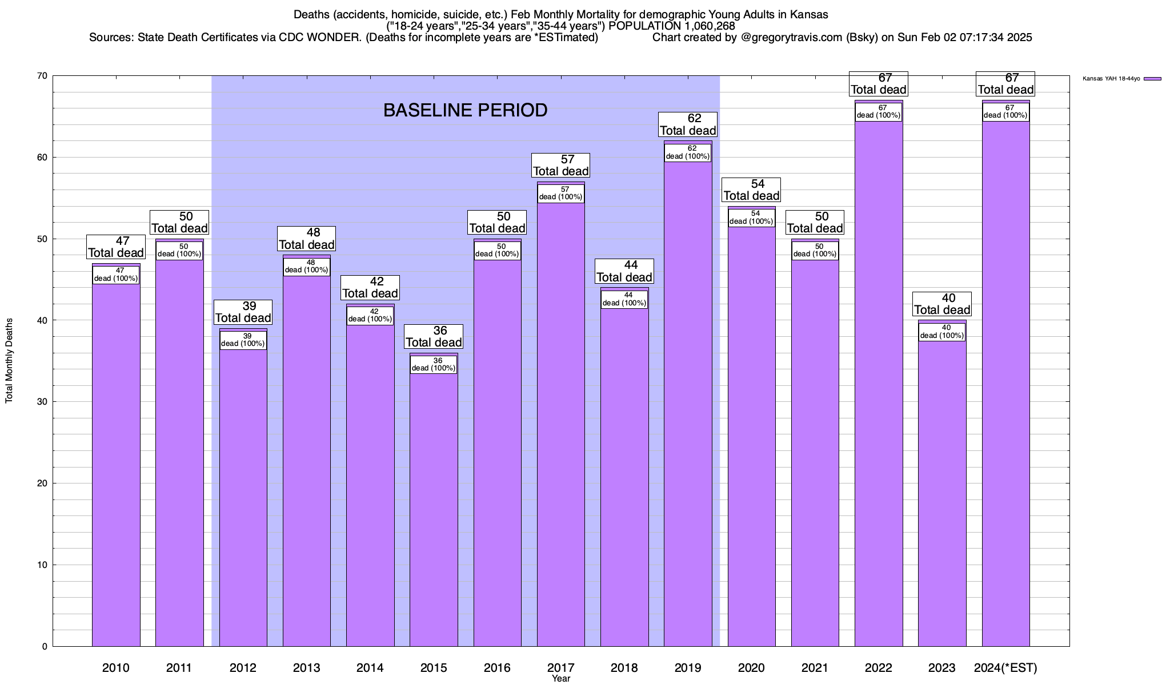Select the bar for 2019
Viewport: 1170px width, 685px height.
pyautogui.click(x=688, y=400)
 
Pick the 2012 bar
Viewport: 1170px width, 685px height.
pyautogui.click(x=243, y=497)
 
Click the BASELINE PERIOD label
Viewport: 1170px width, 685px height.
pyautogui.click(x=465, y=110)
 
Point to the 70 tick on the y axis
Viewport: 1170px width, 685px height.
pyautogui.click(x=43, y=76)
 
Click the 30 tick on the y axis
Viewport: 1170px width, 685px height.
pyautogui.click(x=43, y=402)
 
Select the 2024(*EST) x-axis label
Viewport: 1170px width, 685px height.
pyautogui.click(x=1005, y=667)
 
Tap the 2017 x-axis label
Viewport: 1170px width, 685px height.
pyautogui.click(x=560, y=667)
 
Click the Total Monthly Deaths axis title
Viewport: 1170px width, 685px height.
pyautogui.click(x=9, y=360)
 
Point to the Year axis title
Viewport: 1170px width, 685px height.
pyautogui.click(x=560, y=679)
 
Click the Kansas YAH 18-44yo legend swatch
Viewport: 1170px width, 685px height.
pyautogui.click(x=1152, y=79)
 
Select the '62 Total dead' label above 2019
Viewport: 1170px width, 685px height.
pyautogui.click(x=688, y=124)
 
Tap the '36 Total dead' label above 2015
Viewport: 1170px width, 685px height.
pyautogui.click(x=434, y=337)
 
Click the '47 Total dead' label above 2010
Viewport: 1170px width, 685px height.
pyautogui.click(x=115, y=247)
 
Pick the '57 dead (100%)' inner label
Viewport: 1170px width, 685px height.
pyautogui.click(x=561, y=194)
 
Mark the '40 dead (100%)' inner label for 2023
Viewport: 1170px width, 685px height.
pyautogui.click(x=942, y=332)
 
